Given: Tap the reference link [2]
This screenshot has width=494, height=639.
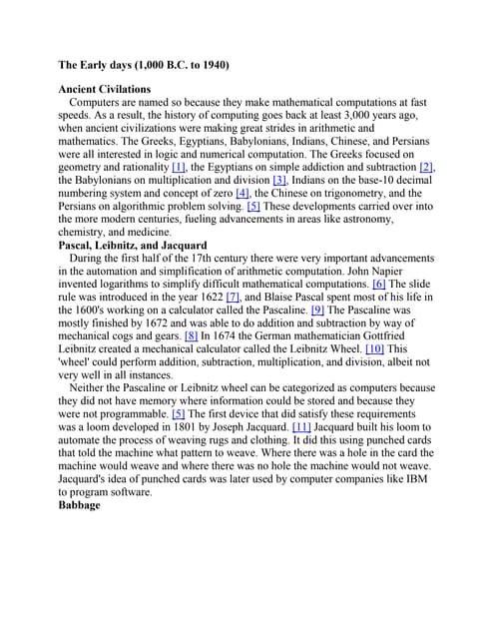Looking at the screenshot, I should click(x=426, y=167).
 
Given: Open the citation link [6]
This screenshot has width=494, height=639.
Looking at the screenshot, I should click(x=379, y=284).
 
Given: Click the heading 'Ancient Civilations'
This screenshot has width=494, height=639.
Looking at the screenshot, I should click(x=105, y=89).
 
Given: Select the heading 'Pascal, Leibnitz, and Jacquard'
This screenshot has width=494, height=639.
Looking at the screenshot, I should click(x=133, y=245).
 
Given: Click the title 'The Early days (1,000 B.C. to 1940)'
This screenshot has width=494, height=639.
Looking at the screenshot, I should click(x=144, y=65).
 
